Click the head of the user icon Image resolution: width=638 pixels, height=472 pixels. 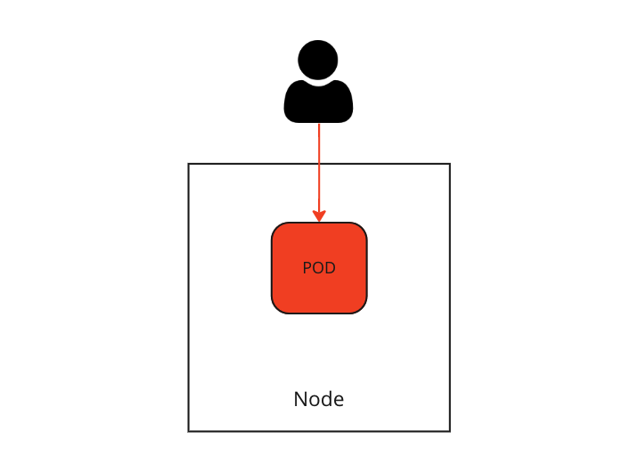[318, 61]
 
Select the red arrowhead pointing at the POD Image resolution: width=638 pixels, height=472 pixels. [319, 216]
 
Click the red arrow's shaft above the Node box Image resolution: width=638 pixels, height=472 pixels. [319, 142]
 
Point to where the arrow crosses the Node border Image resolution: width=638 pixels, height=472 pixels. [319, 164]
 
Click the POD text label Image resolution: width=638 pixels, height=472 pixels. [319, 268]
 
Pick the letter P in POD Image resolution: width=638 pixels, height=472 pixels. [307, 268]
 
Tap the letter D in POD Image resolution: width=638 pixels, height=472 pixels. [331, 268]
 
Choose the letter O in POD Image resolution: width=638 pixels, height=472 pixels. [318, 268]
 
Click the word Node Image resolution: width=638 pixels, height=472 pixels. [319, 400]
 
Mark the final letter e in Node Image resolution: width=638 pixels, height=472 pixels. [339, 401]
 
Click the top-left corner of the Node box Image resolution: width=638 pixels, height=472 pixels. [189, 165]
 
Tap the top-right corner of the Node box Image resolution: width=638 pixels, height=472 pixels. [449, 165]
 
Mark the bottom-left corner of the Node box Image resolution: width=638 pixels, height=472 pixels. [189, 430]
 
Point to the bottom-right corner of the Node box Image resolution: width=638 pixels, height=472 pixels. [449, 430]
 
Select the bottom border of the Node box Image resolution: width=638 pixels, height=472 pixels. [319, 430]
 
